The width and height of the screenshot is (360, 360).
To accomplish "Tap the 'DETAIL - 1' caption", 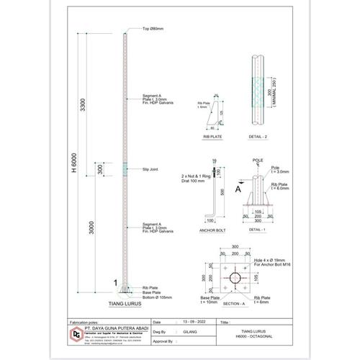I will [x=258, y=230].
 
